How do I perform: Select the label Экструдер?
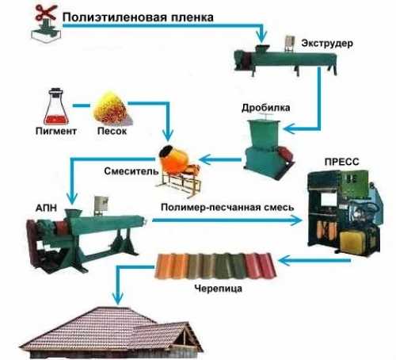(x=327, y=44)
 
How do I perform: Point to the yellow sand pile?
(x=111, y=108)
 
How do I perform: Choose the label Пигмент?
(x=56, y=131)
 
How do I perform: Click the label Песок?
(x=112, y=131)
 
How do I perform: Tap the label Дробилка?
(x=266, y=108)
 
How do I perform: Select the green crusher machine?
(x=268, y=147)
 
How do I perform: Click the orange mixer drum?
(x=172, y=158)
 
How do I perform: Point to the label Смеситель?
(x=131, y=171)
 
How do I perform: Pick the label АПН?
(x=46, y=208)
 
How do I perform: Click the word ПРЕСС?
(x=341, y=162)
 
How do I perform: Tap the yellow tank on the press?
(x=352, y=240)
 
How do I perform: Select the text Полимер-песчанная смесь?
(x=227, y=207)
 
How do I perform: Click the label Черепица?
(x=219, y=288)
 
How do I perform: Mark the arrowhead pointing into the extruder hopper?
(x=261, y=37)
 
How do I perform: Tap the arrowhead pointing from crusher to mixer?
(x=205, y=159)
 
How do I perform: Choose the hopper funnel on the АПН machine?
(x=74, y=213)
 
